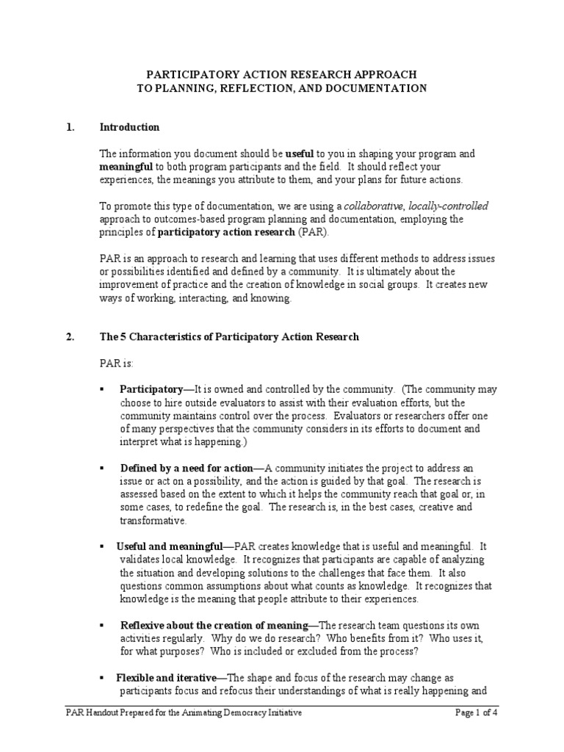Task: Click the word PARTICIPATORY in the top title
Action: point(187,75)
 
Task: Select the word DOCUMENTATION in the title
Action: point(375,88)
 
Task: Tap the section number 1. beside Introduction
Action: point(70,127)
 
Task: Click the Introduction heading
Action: point(129,127)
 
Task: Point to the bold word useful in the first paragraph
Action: point(300,154)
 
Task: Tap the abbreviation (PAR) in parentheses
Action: point(314,233)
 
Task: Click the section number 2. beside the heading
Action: point(70,337)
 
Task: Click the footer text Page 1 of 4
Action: point(478,713)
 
